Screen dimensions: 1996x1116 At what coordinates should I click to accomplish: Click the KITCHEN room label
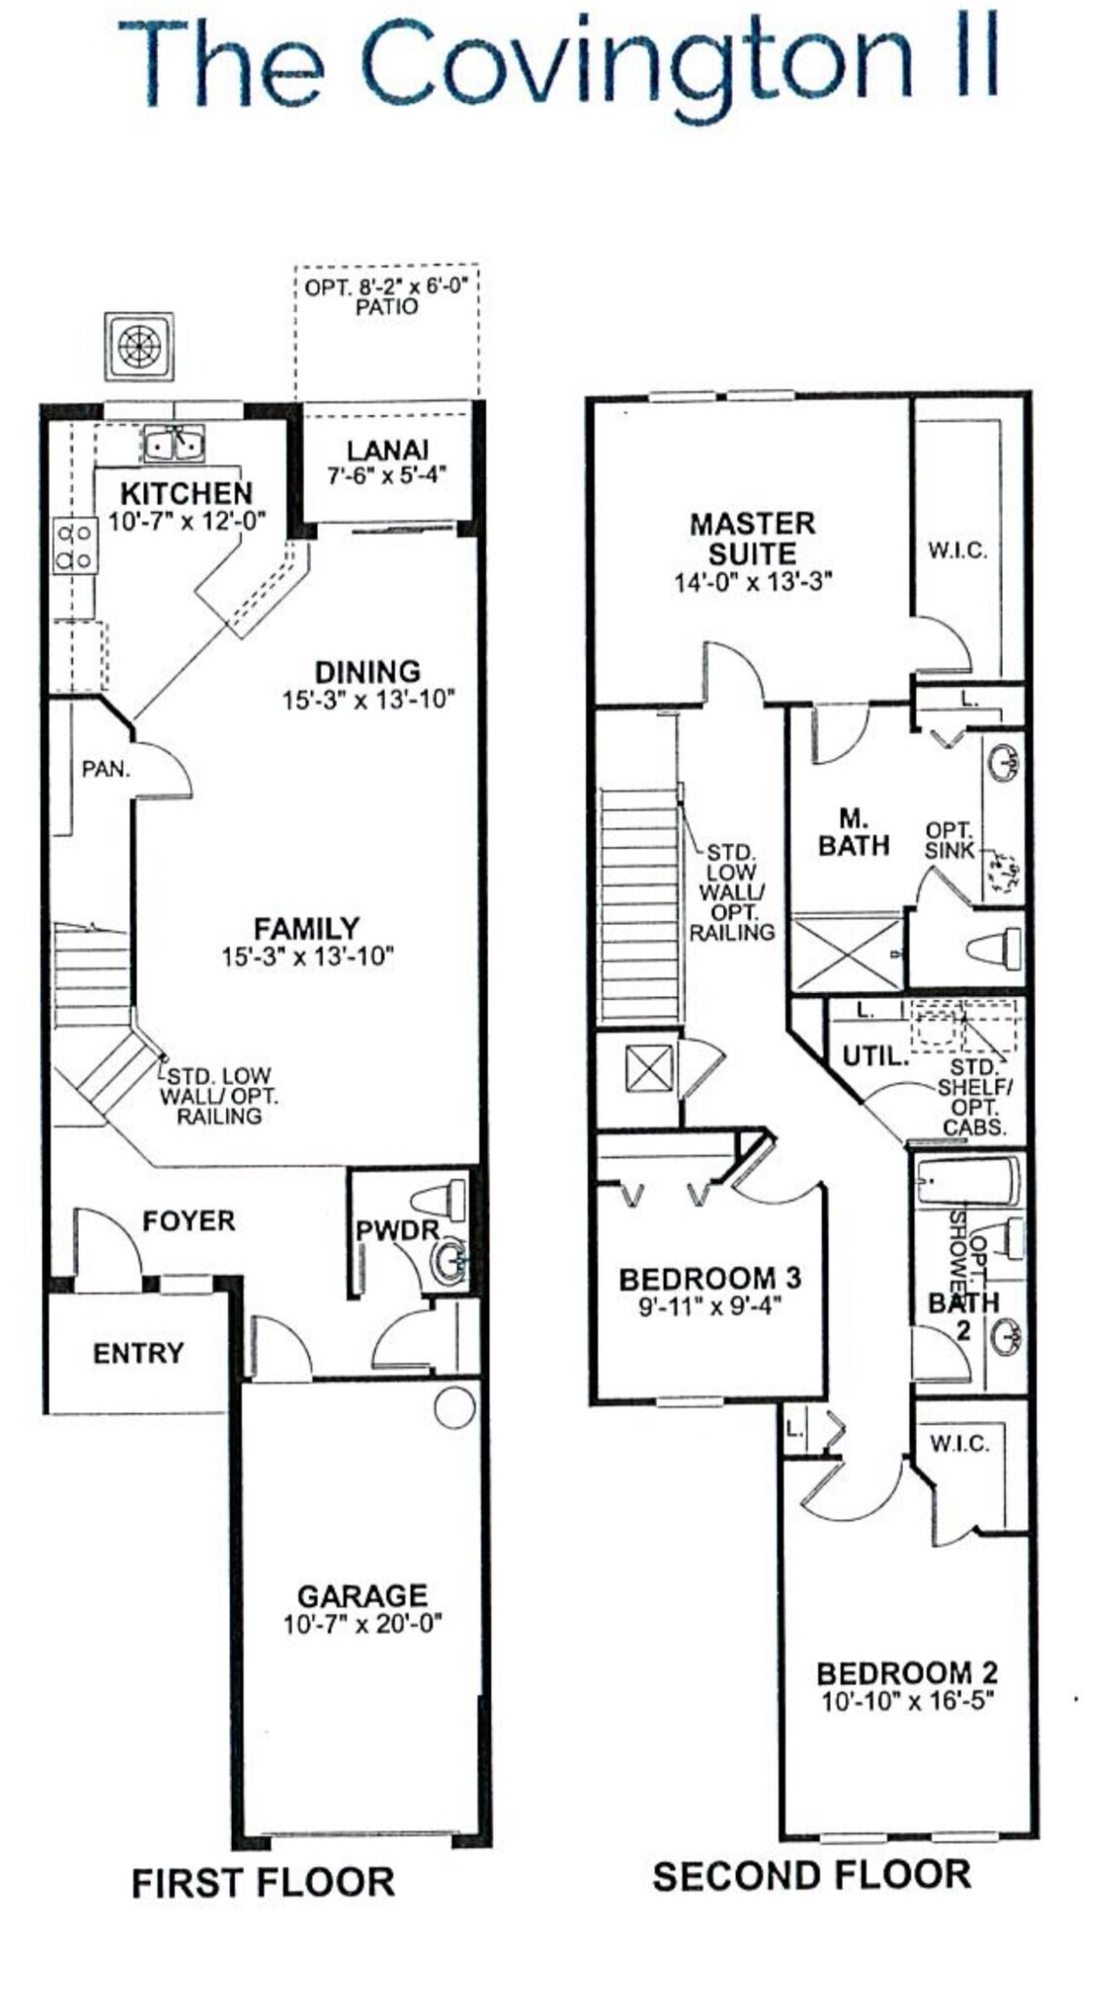(186, 493)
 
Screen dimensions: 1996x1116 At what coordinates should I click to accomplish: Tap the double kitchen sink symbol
(174, 445)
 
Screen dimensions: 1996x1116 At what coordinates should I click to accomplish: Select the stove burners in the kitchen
(74, 547)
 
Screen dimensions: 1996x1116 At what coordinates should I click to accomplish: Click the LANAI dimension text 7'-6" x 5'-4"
(387, 477)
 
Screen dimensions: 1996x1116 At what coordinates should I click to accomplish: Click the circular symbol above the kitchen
(139, 346)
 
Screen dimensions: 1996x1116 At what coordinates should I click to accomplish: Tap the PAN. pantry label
(105, 769)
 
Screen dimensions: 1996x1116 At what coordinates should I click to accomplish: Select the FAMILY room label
(306, 928)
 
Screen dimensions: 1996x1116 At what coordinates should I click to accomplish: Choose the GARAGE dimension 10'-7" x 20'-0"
(363, 1625)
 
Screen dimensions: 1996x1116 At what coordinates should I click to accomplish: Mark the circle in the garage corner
(454, 1408)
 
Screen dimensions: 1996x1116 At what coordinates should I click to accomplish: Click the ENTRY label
(137, 1353)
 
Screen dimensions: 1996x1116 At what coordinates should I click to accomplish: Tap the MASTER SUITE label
(751, 538)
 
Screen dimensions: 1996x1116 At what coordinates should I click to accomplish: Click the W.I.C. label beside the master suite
(957, 551)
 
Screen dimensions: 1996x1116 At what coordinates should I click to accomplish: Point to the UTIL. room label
(875, 1055)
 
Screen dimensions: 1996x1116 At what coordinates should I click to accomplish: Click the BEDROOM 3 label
(710, 1278)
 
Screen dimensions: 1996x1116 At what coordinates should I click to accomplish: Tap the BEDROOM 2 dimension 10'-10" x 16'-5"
(907, 1702)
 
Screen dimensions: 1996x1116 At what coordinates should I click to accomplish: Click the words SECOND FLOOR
(811, 1875)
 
